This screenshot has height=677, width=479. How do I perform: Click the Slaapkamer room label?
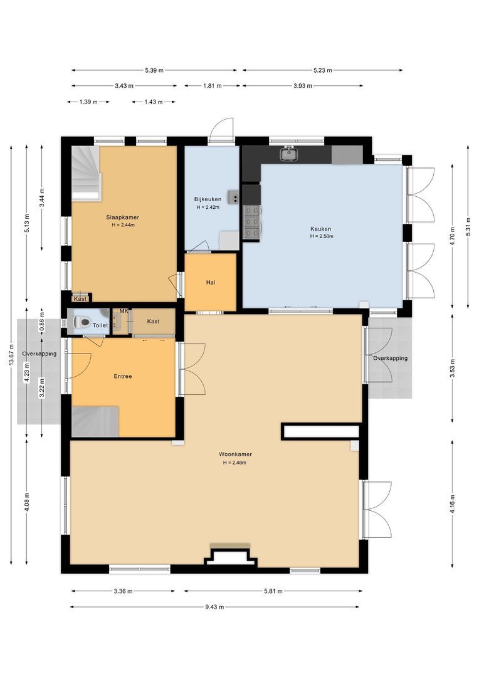coord(123,217)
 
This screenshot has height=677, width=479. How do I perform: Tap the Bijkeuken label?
coord(208,199)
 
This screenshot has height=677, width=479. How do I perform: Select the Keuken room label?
coord(321,229)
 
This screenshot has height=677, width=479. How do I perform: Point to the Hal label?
coord(211,282)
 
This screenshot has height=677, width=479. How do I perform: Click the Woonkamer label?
coord(235,454)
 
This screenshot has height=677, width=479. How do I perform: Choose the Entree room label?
coord(123,376)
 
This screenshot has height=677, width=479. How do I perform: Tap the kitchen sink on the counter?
coord(288,153)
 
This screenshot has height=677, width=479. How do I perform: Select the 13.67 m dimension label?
coord(11,354)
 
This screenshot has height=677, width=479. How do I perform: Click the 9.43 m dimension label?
coord(214,607)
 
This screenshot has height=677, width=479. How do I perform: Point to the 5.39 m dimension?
coord(154,70)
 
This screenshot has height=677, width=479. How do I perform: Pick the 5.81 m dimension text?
coord(273,591)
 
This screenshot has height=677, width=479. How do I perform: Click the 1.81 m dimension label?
coord(212,85)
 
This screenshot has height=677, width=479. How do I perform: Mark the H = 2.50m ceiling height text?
coord(322,236)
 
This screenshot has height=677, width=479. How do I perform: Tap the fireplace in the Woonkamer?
coord(231,554)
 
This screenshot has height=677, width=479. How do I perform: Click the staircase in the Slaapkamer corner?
coord(87,173)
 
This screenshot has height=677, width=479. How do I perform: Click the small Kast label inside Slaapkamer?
coord(80,299)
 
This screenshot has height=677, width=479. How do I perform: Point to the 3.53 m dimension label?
coord(452,368)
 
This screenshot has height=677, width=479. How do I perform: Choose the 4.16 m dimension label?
coord(452,503)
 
